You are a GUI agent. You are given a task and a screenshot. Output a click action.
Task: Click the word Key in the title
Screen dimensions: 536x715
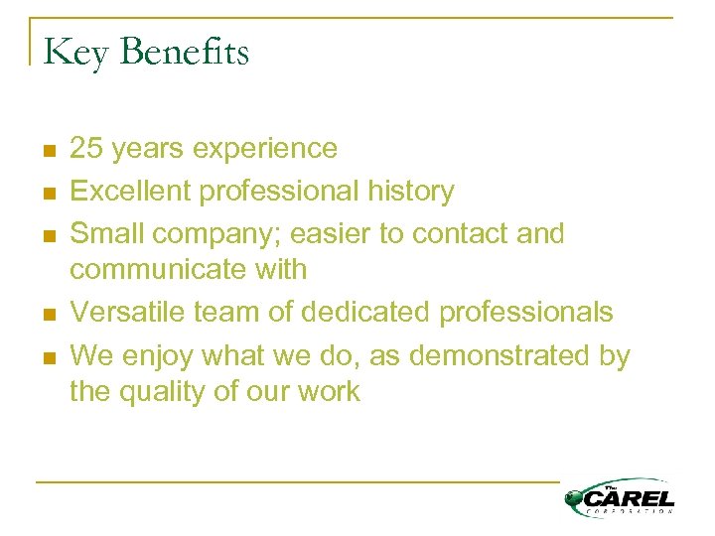[x=75, y=52]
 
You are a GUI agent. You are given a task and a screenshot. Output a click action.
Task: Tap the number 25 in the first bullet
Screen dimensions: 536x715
[x=86, y=149]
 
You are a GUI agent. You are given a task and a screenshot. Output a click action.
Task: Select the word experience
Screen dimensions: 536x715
[x=265, y=150]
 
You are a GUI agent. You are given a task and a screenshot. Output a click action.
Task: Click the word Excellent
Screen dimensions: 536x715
[x=133, y=191]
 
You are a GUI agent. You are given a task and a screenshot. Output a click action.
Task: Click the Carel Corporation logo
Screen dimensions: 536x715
[x=620, y=495]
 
